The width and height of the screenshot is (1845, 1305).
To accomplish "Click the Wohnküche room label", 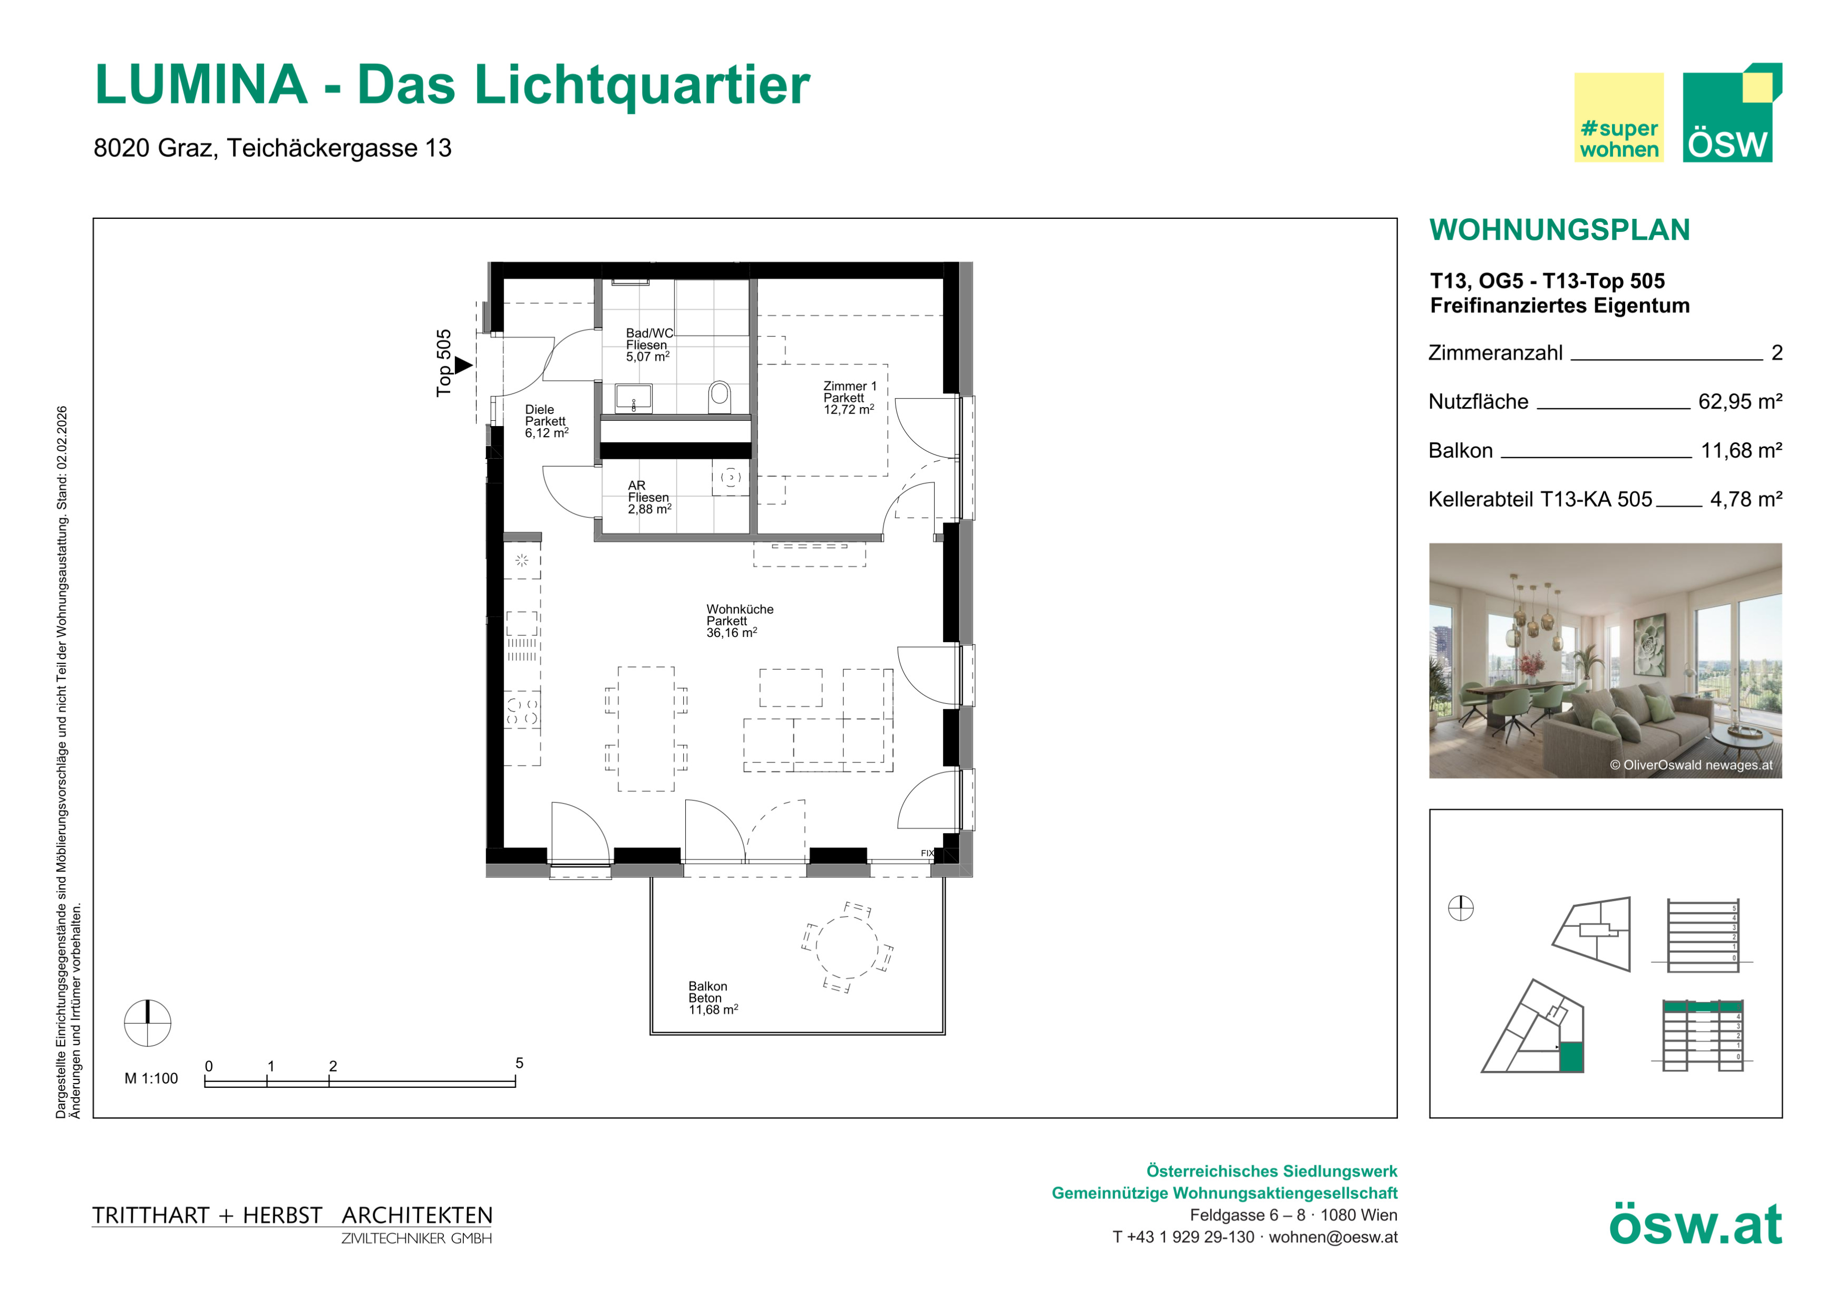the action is [739, 621].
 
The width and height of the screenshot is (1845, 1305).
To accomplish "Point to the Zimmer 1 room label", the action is [849, 398].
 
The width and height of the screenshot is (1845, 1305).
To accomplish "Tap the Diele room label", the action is [547, 421].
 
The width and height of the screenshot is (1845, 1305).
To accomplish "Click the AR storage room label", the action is [649, 497].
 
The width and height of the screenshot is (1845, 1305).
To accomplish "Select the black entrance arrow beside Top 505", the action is [464, 365].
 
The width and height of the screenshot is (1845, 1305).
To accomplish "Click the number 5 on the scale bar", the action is [519, 1063].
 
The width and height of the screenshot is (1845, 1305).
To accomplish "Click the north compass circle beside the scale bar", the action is [148, 1023].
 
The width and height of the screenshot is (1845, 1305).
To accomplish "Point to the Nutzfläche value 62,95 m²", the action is [1740, 402].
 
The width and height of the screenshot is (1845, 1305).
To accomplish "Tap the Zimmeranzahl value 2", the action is [1776, 353].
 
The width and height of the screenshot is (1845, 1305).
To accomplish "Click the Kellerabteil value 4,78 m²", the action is [1746, 500].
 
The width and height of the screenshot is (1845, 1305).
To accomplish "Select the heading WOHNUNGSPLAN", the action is [1560, 230].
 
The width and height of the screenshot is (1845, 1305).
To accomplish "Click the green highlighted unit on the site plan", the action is [1571, 1057].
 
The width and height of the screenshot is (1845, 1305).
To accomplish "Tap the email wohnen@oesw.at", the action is [1333, 1238].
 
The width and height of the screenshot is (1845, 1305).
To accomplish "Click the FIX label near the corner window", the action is [927, 854].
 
